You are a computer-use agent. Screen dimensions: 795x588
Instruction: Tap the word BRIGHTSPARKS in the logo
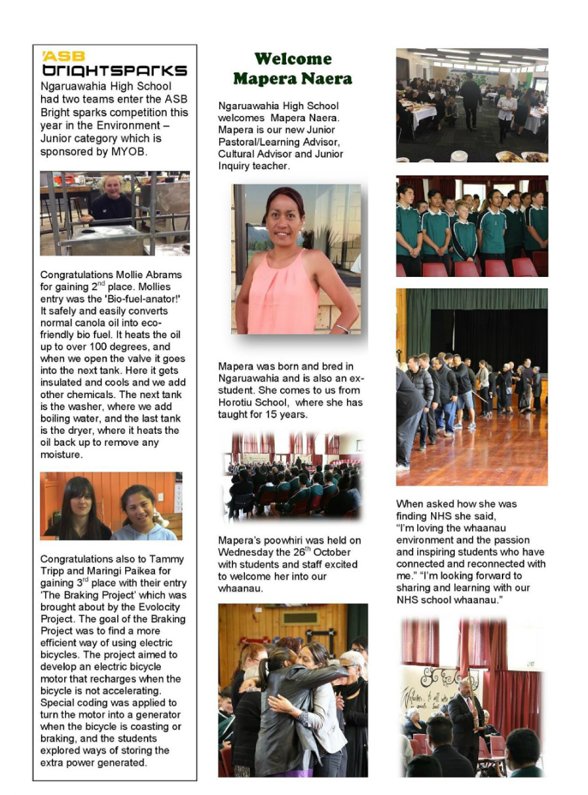[x=114, y=71]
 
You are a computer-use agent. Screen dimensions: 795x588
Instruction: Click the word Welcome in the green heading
[x=292, y=59]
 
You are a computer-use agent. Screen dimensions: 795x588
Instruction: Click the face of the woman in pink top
[x=285, y=218]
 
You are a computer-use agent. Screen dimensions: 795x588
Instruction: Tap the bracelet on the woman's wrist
[x=342, y=327]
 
